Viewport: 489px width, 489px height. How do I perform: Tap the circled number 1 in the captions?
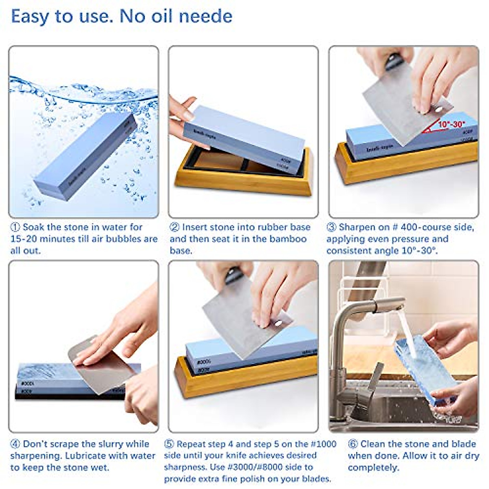[15, 227]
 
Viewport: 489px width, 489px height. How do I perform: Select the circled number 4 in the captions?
[15, 444]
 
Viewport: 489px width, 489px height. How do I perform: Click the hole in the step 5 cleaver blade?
[279, 323]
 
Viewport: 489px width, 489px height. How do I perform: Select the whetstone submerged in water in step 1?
[86, 157]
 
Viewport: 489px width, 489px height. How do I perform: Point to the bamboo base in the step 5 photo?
[244, 381]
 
